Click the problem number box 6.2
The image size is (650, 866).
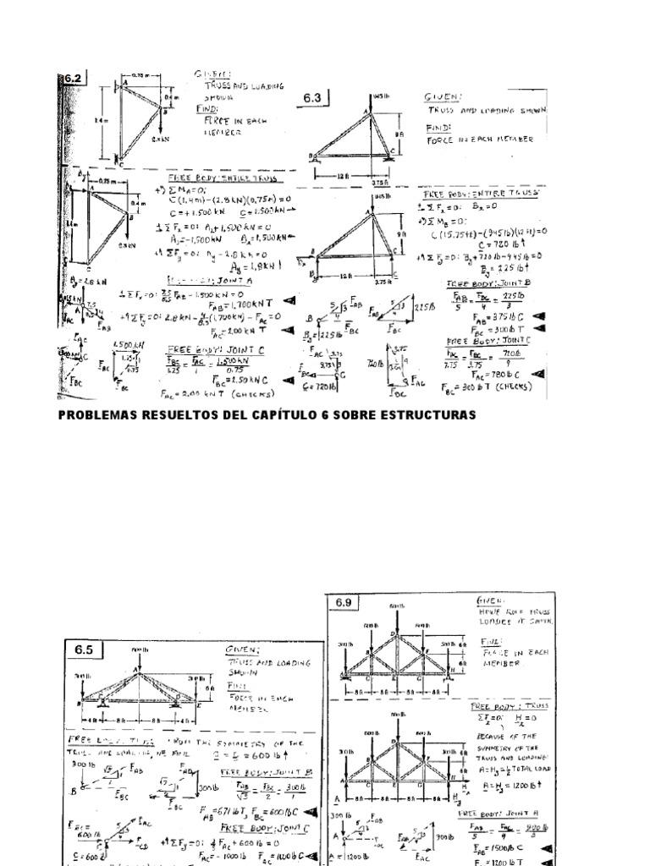[x=72, y=79]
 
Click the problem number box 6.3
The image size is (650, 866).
[x=312, y=99]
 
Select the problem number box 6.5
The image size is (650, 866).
[x=87, y=650]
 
